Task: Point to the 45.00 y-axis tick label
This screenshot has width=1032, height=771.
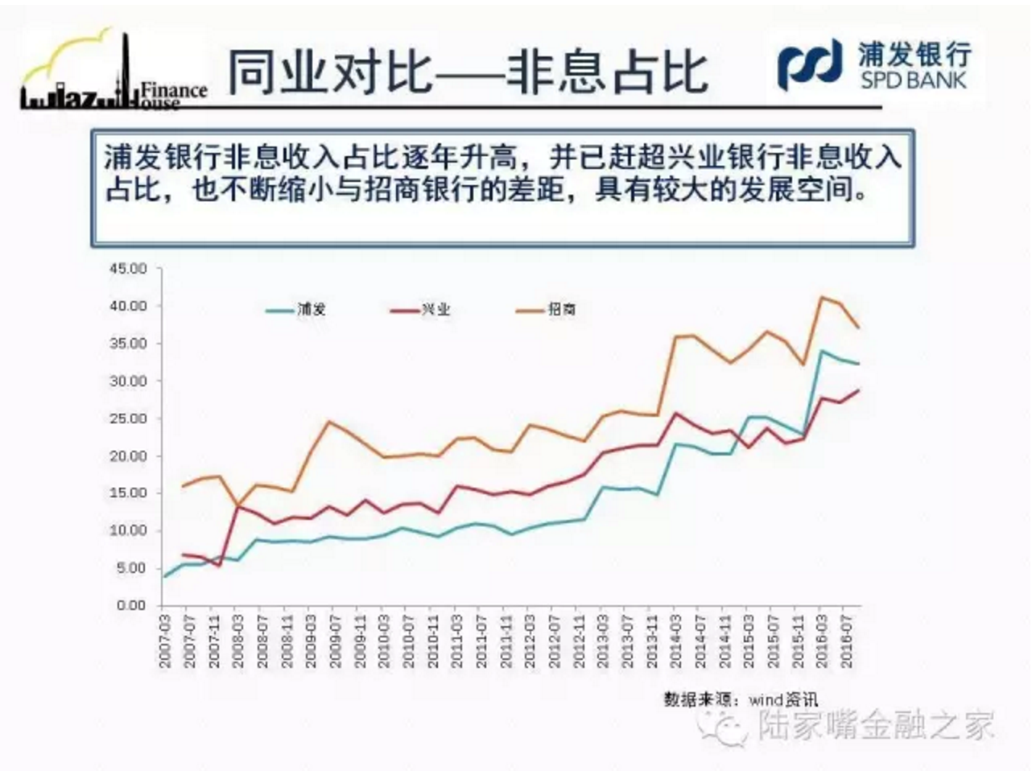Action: (x=129, y=269)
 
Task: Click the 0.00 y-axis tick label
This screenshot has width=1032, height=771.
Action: (x=131, y=605)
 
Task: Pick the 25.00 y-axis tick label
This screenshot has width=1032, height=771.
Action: (x=129, y=418)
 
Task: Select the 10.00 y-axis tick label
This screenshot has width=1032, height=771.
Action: (x=129, y=530)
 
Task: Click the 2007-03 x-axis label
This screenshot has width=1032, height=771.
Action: (x=164, y=641)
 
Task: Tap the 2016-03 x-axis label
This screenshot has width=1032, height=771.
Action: (x=822, y=641)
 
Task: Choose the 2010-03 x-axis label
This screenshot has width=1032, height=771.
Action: (x=384, y=641)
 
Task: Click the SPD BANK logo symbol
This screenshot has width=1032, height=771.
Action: (x=809, y=64)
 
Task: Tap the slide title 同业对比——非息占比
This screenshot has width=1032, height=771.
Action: (x=467, y=72)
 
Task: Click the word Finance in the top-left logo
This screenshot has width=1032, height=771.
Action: (x=174, y=89)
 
